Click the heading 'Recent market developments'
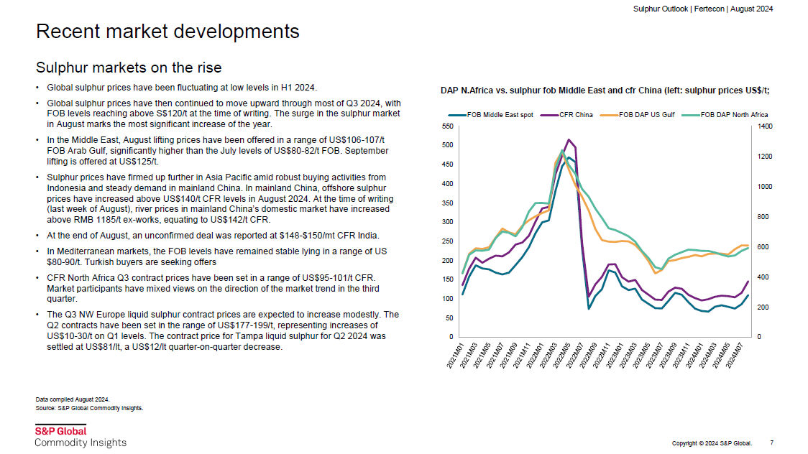[167, 32]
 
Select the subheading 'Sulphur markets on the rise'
[129, 68]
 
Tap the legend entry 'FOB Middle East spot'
[490, 115]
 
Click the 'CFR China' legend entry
[567, 115]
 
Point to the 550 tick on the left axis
[448, 126]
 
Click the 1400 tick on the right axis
[765, 126]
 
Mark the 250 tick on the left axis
[448, 241]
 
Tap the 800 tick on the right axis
[763, 217]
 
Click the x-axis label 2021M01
[456, 356]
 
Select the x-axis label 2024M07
[735, 356]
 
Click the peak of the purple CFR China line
[569, 139]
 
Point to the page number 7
[771, 443]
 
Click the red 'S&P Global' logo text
[61, 431]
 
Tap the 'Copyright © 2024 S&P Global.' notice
[712, 443]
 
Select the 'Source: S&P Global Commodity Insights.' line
[90, 408]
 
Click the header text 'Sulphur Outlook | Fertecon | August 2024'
[703, 9]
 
